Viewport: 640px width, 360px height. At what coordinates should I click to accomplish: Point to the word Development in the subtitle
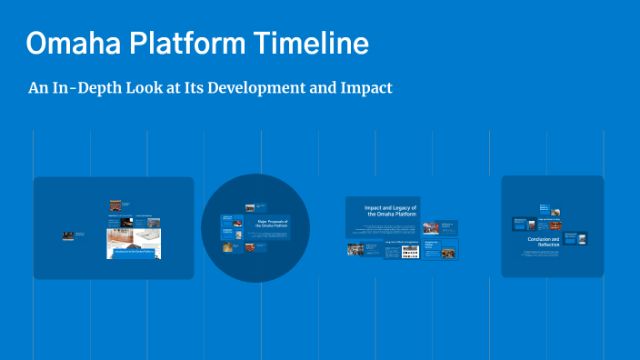pos(252,88)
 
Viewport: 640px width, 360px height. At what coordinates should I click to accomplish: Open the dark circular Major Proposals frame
pos(255,264)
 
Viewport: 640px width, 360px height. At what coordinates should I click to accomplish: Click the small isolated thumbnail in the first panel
pos(68,235)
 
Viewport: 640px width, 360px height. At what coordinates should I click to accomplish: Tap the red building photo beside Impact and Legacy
pos(430,226)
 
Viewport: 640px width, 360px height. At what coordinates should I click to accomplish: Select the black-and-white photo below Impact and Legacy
pos(358,248)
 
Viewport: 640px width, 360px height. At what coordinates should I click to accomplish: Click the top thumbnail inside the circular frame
pos(248,207)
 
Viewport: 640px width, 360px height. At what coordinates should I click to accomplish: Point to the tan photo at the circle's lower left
pos(228,245)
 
